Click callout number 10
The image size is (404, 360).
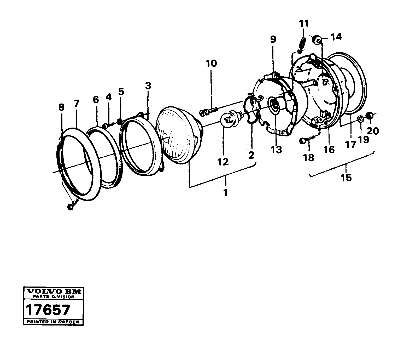tap(211, 64)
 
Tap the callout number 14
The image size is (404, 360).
tap(336, 37)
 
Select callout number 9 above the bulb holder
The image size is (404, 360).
tap(273, 39)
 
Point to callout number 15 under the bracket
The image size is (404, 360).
tap(346, 178)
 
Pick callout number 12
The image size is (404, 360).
tap(223, 162)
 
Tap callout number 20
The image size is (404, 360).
tap(373, 131)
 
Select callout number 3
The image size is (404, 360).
tap(148, 86)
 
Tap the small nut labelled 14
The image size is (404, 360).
tap(317, 40)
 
